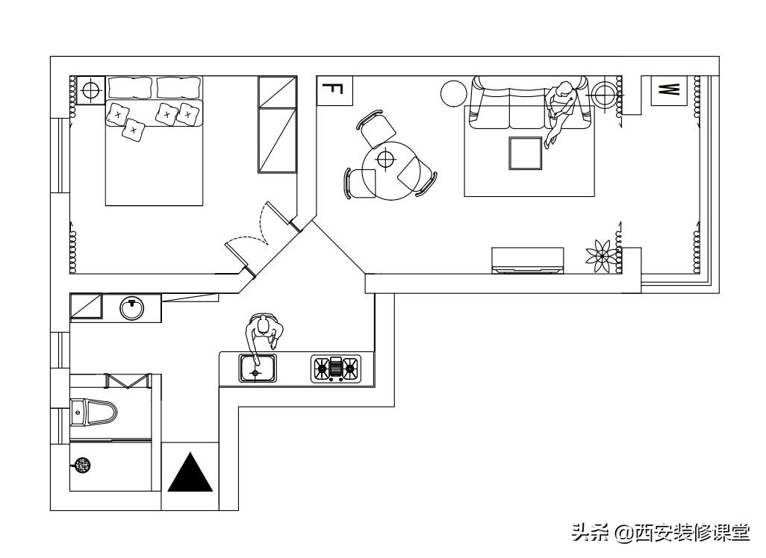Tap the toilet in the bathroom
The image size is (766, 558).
click(x=94, y=413)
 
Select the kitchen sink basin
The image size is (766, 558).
click(x=258, y=368)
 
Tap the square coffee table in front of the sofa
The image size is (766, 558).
click(x=526, y=153)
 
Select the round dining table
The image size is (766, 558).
click(x=386, y=171)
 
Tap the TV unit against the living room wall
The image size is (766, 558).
click(x=527, y=260)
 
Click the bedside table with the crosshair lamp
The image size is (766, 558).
click(x=90, y=91)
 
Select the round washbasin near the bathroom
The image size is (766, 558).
click(x=133, y=307)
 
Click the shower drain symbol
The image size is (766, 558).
click(x=84, y=465)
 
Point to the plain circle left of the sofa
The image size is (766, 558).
click(x=454, y=93)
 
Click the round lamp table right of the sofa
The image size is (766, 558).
click(x=604, y=95)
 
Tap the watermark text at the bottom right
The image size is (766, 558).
click(x=661, y=533)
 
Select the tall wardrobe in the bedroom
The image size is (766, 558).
click(x=277, y=125)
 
